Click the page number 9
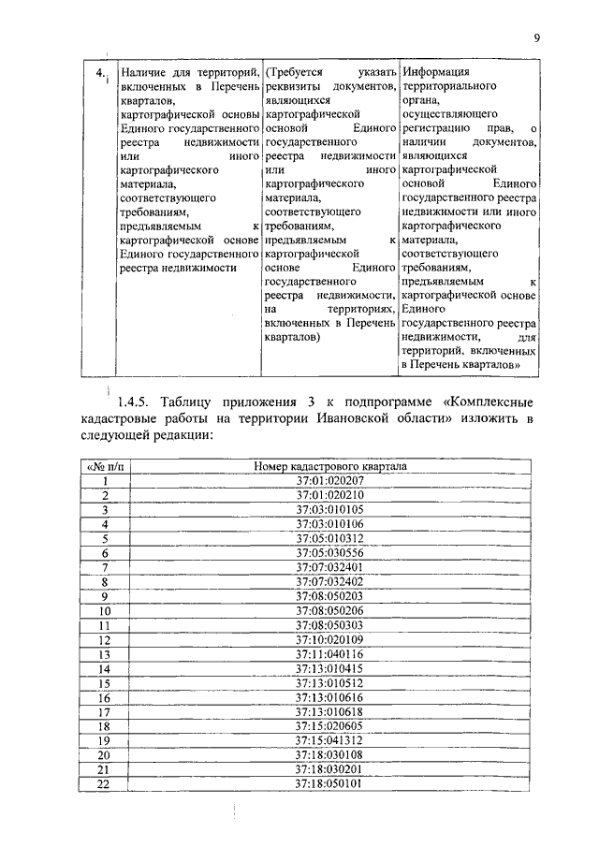[536, 38]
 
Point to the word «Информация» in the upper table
[436, 72]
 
